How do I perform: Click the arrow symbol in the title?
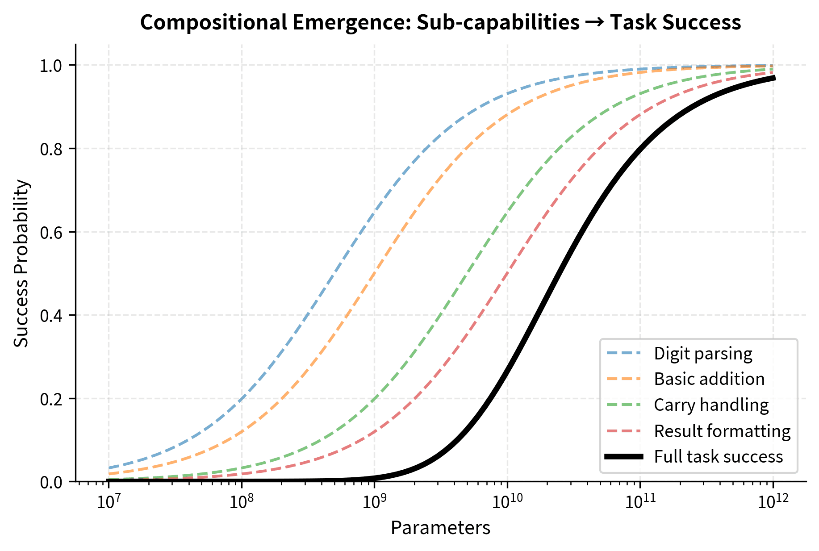[595, 23]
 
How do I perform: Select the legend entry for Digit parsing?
[703, 354]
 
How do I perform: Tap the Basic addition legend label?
[709, 379]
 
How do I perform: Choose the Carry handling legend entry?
[711, 405]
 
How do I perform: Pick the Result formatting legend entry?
[722, 431]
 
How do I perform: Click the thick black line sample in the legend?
[624, 456]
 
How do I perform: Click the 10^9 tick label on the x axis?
[374, 501]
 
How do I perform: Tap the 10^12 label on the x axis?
[773, 501]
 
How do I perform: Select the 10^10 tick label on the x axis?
[507, 501]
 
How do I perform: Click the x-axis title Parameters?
[440, 528]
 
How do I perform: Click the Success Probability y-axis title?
[21, 263]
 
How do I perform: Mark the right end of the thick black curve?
[774, 78]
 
